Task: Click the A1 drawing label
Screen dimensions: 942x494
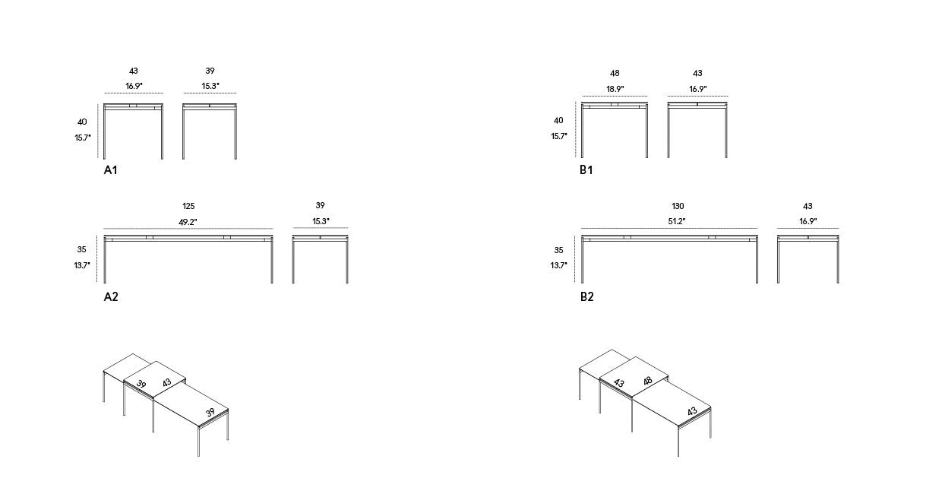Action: [x=110, y=170]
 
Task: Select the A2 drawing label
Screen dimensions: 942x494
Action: [x=111, y=296]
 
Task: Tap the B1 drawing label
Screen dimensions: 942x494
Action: [x=586, y=169]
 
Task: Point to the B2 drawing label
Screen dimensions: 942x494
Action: [x=587, y=296]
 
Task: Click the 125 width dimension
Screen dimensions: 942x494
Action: [x=188, y=206]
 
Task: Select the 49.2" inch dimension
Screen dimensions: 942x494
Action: [x=188, y=222]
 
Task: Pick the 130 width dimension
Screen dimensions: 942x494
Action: [x=678, y=206]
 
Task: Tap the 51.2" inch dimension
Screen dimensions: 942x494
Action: [x=677, y=221]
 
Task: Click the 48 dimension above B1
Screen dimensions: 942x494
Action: [x=615, y=73]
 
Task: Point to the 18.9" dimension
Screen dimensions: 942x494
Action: [x=615, y=89]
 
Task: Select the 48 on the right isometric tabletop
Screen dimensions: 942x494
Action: [x=647, y=381]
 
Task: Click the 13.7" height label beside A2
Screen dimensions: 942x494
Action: [x=82, y=265]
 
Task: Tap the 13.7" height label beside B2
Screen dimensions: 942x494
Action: [x=558, y=265]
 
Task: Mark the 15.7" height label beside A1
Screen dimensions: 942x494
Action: [x=82, y=138]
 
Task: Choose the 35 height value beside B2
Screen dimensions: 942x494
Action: [x=558, y=250]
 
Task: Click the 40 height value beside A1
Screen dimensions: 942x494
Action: [x=82, y=122]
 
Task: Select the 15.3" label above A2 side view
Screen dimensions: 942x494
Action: [x=321, y=221]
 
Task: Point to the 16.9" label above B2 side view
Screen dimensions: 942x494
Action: [x=808, y=221]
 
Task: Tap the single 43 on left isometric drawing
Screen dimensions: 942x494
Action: [x=167, y=382]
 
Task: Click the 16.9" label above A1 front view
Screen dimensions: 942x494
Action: [x=134, y=86]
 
